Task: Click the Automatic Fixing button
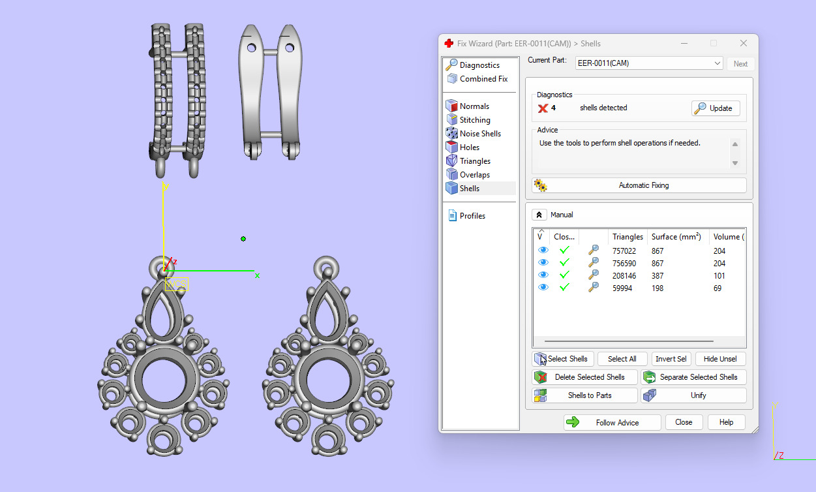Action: pos(639,185)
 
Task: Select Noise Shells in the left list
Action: pos(479,134)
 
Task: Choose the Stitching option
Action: pos(474,120)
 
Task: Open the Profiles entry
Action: pos(472,216)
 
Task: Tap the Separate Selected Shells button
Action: pos(693,377)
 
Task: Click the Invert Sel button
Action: pos(671,359)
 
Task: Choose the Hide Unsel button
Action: pos(719,359)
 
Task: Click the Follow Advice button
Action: pos(612,423)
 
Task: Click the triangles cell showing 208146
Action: pos(627,276)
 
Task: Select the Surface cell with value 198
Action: pos(657,288)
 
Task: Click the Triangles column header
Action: pos(627,237)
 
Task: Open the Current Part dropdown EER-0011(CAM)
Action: pos(649,64)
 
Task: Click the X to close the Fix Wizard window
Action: pos(743,43)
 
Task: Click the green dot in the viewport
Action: pos(243,239)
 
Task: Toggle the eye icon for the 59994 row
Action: pos(543,288)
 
